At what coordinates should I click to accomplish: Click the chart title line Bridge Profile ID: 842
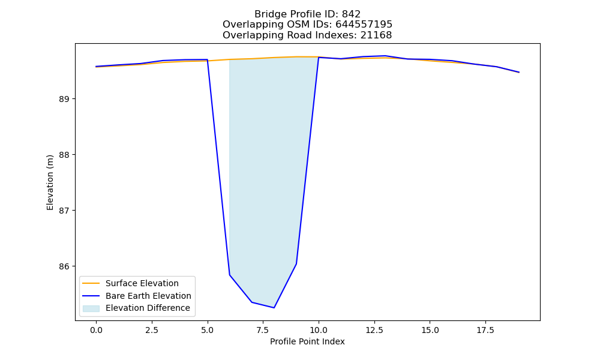tap(307, 14)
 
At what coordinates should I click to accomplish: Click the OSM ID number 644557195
tap(364, 25)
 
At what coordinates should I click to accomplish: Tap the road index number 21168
tap(376, 35)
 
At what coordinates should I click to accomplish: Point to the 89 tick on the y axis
tap(64, 99)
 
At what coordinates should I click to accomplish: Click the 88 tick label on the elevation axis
tap(64, 155)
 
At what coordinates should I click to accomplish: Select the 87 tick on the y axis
tap(64, 211)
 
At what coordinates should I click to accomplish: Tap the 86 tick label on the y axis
tap(64, 266)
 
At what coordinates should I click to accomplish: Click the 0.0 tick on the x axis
tap(96, 330)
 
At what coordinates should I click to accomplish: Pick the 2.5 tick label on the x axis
tap(152, 330)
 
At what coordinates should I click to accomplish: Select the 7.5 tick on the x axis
tap(263, 330)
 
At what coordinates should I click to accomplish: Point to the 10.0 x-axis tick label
tap(319, 330)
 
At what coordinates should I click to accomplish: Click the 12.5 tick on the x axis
tap(374, 330)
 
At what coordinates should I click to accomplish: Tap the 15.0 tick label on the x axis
tap(430, 330)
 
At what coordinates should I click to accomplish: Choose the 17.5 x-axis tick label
tap(485, 330)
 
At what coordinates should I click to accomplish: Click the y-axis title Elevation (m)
tap(50, 182)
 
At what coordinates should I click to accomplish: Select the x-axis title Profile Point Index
tap(307, 341)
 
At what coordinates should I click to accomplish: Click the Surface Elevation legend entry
tap(130, 283)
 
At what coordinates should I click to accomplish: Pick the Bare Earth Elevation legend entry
tap(137, 296)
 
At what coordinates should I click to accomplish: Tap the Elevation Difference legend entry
tap(136, 308)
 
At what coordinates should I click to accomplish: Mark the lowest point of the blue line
tap(274, 308)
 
